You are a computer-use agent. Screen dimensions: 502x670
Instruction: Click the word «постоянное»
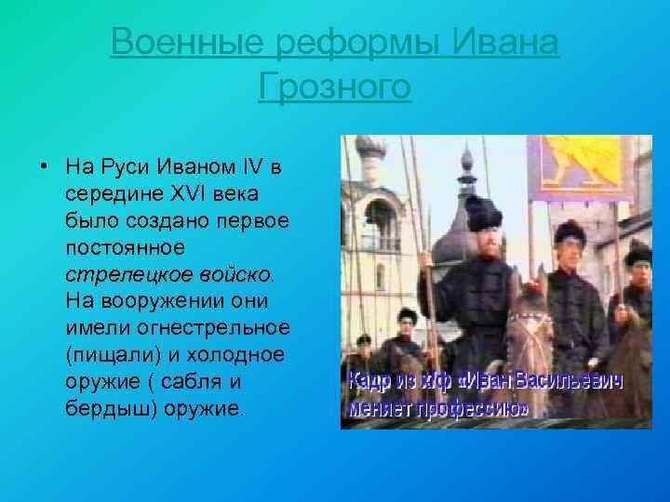pos(126,248)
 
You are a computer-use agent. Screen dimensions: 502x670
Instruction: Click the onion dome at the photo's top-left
pos(371,149)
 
